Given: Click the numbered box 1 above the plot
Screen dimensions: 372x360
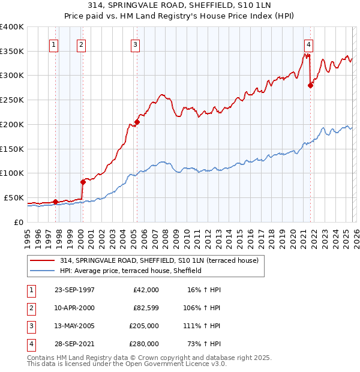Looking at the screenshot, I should (54, 44).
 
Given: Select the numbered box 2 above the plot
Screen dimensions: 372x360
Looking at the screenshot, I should (81, 44).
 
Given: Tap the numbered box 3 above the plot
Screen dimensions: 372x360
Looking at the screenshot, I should (136, 44).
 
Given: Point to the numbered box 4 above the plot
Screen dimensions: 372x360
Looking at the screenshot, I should (308, 44).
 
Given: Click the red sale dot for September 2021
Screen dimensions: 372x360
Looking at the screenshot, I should (310, 85).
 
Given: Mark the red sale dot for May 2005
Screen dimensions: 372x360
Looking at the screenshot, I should (137, 122).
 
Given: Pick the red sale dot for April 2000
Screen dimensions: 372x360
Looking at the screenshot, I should (83, 181).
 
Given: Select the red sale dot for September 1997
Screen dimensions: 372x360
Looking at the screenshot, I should (56, 202).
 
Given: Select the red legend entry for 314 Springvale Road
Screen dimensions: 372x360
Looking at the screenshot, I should (158, 260).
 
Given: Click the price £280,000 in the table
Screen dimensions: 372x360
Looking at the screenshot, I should (144, 344).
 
